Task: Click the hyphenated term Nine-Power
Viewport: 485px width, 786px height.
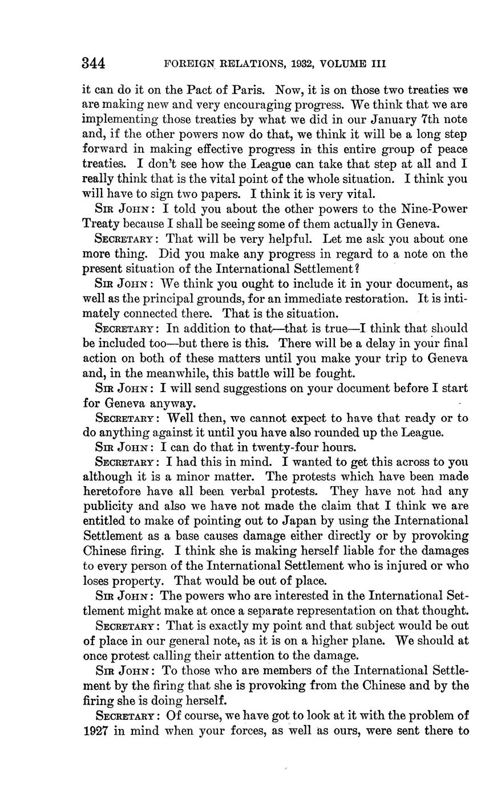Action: (x=438, y=209)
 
